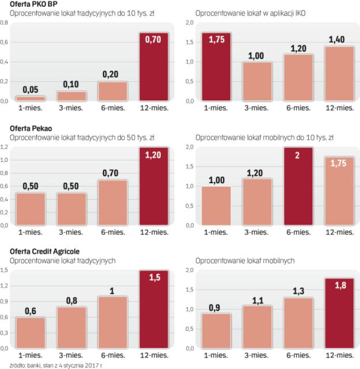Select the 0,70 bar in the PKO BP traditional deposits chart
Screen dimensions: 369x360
pos(154,67)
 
